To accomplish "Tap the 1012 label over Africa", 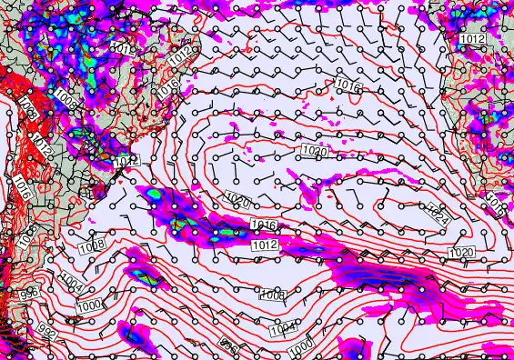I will click(471, 39).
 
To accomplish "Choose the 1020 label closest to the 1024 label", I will click(462, 252).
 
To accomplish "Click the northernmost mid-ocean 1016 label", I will click(348, 84).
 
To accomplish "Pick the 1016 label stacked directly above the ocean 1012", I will click(264, 225).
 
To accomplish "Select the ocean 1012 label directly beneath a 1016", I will click(266, 245).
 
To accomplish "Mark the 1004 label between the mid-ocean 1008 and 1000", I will click(284, 327).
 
